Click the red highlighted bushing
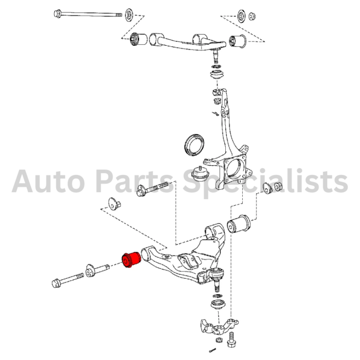pyautogui.click(x=131, y=259)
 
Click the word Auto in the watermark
pyautogui.click(x=48, y=182)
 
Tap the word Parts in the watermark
pyautogui.click(x=135, y=182)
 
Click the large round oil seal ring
pyautogui.click(x=194, y=145)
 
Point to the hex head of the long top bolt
pyautogui.click(x=58, y=13)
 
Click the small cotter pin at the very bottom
pyautogui.click(x=212, y=350)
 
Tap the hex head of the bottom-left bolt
pyautogui.click(x=56, y=283)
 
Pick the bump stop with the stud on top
pyautogui.click(x=200, y=174)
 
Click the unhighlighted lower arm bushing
pyautogui.click(x=239, y=224)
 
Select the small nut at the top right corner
pyautogui.click(x=252, y=16)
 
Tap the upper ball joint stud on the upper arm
pyautogui.click(x=215, y=56)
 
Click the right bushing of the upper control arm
pyautogui.click(x=238, y=41)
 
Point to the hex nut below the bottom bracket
pyautogui.click(x=219, y=340)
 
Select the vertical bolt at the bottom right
pyautogui.click(x=231, y=340)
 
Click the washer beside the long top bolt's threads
pyautogui.click(x=129, y=15)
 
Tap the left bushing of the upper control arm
pyautogui.click(x=138, y=40)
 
